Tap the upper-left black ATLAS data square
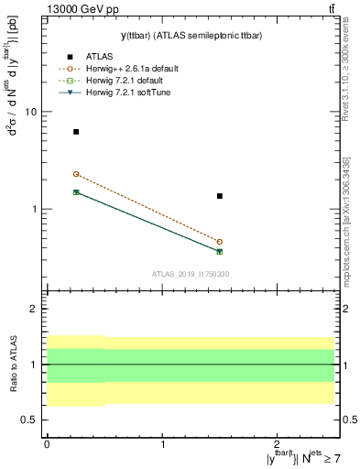76,132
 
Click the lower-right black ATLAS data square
220,196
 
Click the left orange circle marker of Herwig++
76,174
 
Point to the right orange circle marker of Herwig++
220,242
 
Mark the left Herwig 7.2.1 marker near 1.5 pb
76,192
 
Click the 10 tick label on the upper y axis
30,112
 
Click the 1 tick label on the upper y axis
34,209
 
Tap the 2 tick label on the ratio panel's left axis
34,310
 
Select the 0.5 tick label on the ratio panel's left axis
30,420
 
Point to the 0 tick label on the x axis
47,444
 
